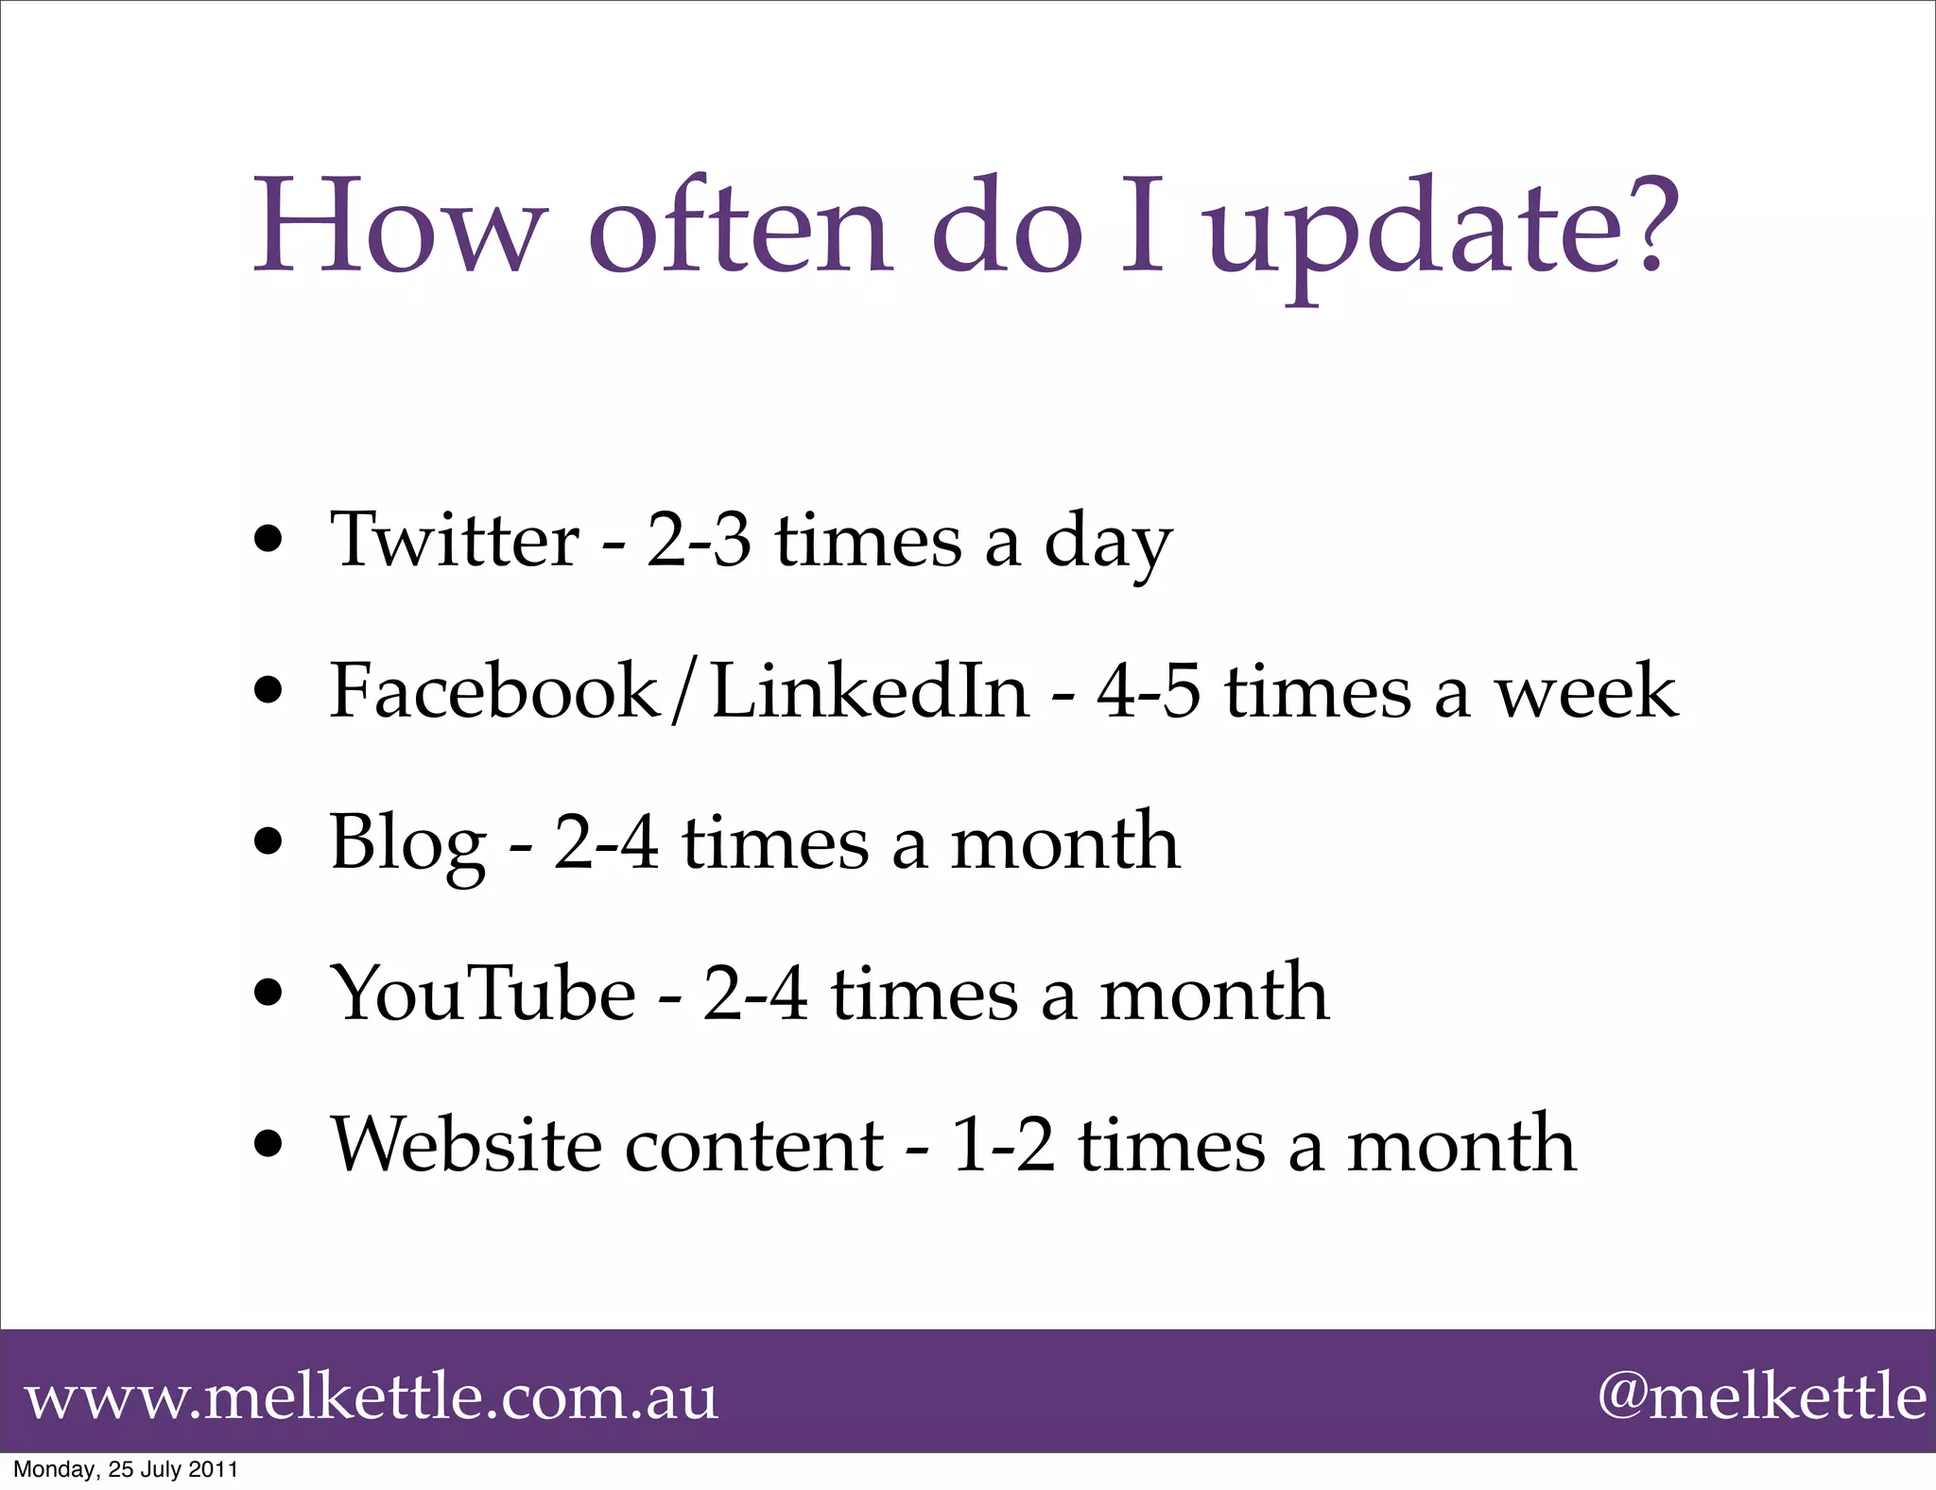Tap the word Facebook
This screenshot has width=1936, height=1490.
(493, 690)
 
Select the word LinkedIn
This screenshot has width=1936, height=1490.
(870, 690)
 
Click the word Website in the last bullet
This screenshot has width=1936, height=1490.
(465, 1144)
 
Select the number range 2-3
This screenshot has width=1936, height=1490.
(699, 541)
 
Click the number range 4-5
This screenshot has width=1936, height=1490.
(1149, 692)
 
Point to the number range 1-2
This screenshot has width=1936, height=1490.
(1002, 1146)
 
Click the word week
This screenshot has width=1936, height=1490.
(1585, 692)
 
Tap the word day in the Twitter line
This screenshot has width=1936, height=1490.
(1108, 544)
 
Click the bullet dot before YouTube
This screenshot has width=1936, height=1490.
(270, 995)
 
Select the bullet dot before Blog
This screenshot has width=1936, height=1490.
(270, 842)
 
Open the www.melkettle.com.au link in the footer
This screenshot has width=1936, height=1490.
(372, 1397)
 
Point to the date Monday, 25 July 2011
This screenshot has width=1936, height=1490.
(126, 1469)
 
